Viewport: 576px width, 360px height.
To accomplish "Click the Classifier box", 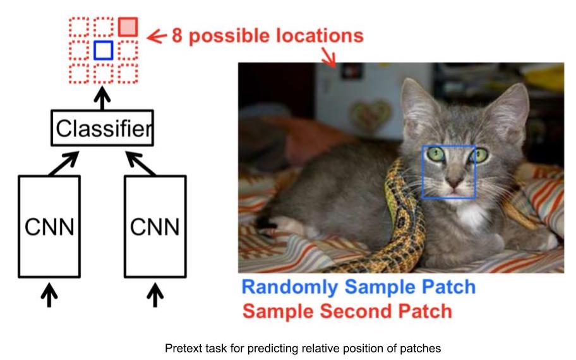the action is pos(102,128).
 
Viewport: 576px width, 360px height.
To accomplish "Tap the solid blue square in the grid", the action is pos(103,51).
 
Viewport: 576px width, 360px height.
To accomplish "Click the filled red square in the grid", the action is pos(128,27).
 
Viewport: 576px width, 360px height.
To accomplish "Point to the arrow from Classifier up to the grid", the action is pos(102,98).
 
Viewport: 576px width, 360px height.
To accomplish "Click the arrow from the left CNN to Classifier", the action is pos(64,164).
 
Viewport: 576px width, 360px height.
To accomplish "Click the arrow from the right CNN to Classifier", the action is pos(141,164).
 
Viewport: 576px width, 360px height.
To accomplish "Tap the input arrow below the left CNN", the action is pos(49,294).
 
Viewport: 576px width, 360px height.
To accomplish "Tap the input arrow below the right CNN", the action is pos(155,294).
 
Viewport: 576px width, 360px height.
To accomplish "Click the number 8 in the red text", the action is pos(177,36).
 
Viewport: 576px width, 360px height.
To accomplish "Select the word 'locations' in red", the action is pos(320,35).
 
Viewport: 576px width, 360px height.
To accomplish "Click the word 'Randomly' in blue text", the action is pos(290,287).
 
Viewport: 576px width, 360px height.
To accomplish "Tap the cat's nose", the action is pos(453,181).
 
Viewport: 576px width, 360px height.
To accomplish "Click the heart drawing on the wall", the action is pos(369,114).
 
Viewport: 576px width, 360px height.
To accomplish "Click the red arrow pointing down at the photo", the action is pos(329,57).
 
